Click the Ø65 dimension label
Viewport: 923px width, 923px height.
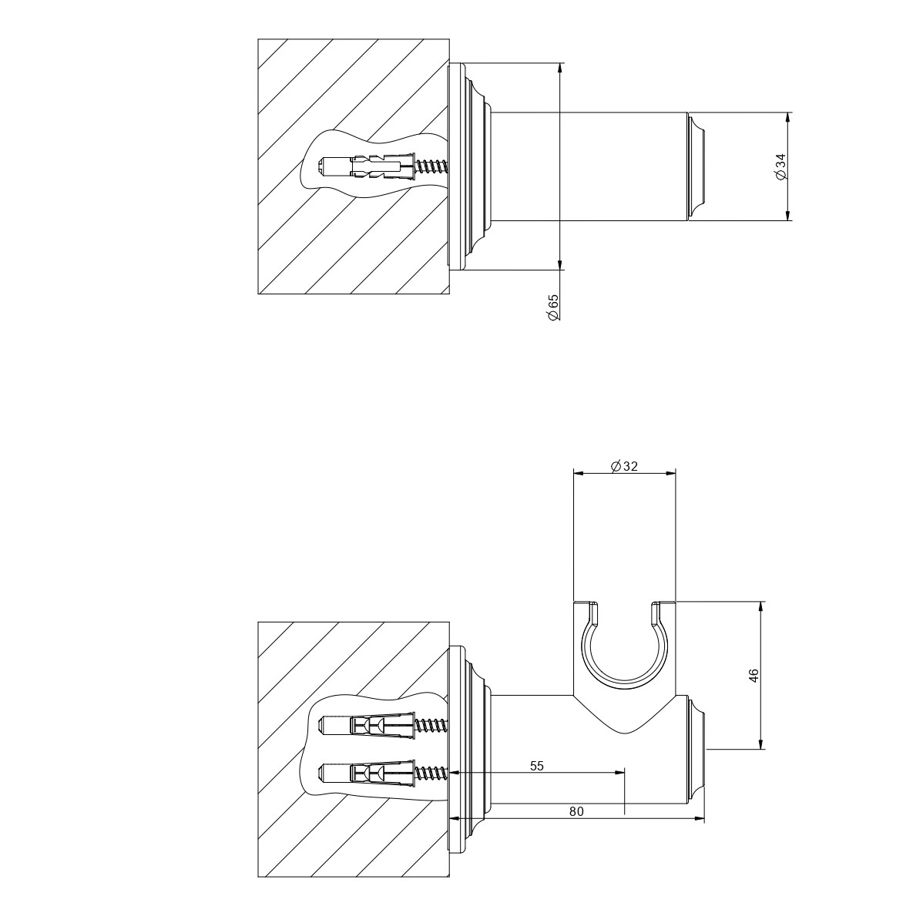tap(553, 307)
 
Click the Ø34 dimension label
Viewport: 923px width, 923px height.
tap(780, 167)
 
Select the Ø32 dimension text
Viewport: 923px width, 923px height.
tap(625, 466)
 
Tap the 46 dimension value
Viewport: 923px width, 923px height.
tap(754, 675)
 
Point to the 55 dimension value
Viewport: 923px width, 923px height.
tap(537, 766)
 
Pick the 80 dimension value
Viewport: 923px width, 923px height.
tap(576, 811)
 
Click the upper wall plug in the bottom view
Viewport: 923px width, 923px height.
tap(367, 725)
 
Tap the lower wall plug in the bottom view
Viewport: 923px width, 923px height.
tap(367, 772)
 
